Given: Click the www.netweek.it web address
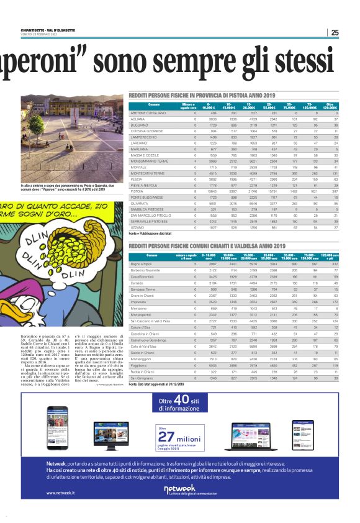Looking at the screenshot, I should tap(60, 493).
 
